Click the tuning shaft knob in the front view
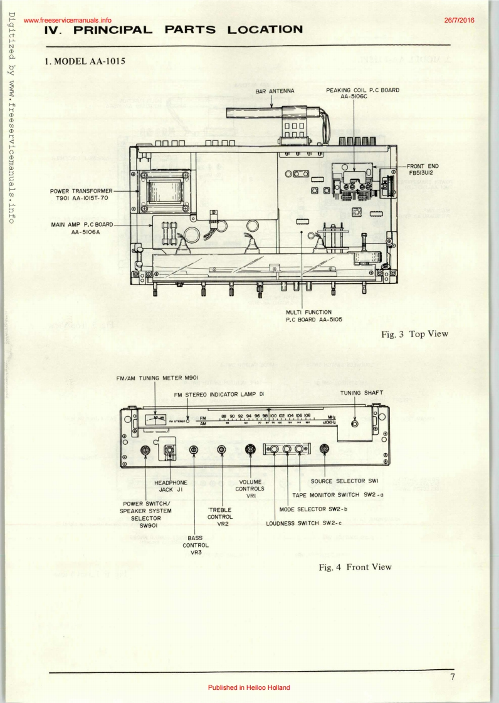[355, 424]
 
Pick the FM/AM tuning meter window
[155, 420]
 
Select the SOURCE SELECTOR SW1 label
[354, 481]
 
